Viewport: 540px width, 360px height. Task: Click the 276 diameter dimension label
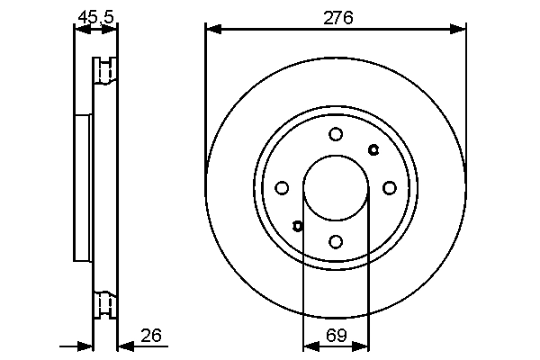337,15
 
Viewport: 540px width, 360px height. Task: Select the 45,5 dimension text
94,15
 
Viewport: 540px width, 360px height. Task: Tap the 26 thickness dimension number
151,336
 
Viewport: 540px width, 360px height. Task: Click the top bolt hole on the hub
336,134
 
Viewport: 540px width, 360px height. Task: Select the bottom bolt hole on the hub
336,241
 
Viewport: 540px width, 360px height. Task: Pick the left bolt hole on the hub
282,188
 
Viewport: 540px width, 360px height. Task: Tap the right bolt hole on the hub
390,188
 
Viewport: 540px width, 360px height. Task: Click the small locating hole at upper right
374,149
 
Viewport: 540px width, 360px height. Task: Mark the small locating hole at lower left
298,226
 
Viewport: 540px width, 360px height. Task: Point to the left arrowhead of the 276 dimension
212,30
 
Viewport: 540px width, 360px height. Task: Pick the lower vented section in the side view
105,304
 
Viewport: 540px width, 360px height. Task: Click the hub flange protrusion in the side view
83,187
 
